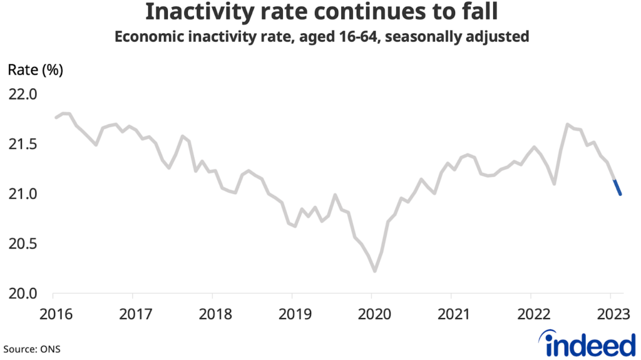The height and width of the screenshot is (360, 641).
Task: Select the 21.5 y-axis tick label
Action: pyautogui.click(x=23, y=145)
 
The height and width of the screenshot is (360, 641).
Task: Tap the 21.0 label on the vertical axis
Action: pyautogui.click(x=23, y=194)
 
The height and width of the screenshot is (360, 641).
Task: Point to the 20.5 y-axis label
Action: pyautogui.click(x=23, y=244)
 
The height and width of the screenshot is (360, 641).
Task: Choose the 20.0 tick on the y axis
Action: pyautogui.click(x=23, y=293)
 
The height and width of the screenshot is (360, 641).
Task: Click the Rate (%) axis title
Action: pyautogui.click(x=35, y=70)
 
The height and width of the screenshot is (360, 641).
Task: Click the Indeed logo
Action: pyautogui.click(x=587, y=344)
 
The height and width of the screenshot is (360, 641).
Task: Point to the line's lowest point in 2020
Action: pyautogui.click(x=374, y=271)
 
